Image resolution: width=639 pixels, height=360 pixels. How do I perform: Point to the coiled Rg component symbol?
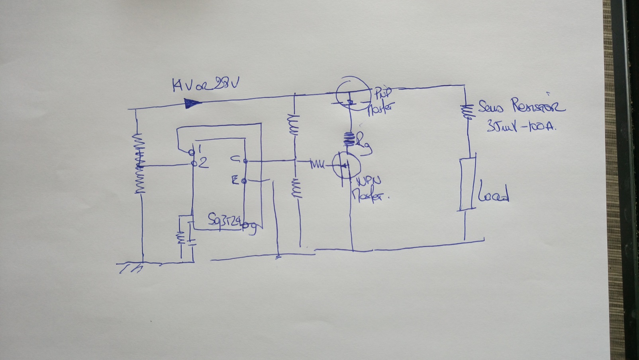click(x=350, y=139)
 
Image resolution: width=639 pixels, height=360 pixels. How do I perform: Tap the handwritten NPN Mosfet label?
click(x=367, y=189)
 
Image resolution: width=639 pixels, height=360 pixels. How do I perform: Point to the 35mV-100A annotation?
click(x=520, y=127)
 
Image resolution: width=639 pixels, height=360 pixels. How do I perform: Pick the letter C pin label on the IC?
click(x=235, y=159)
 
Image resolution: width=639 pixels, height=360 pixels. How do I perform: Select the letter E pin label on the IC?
click(x=235, y=181)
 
